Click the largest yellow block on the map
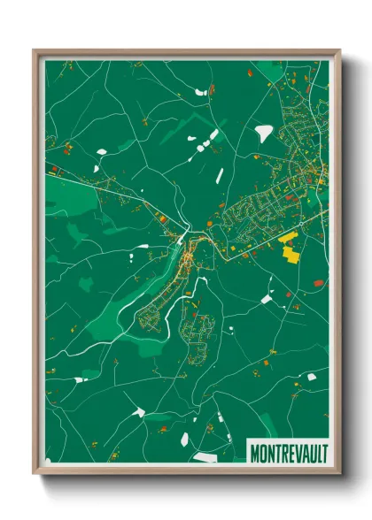click(291, 254)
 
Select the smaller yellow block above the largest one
click(288, 237)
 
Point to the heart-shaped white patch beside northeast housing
click(264, 133)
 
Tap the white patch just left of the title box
click(205, 457)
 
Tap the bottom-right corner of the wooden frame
click(339, 473)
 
